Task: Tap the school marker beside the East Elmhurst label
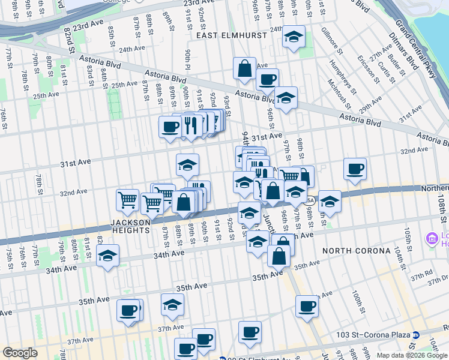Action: coord(294,37)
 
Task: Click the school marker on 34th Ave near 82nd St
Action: coord(108,255)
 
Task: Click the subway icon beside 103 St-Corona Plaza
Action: coord(415,335)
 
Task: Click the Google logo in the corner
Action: coord(20,353)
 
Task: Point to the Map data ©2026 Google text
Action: coord(412,355)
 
